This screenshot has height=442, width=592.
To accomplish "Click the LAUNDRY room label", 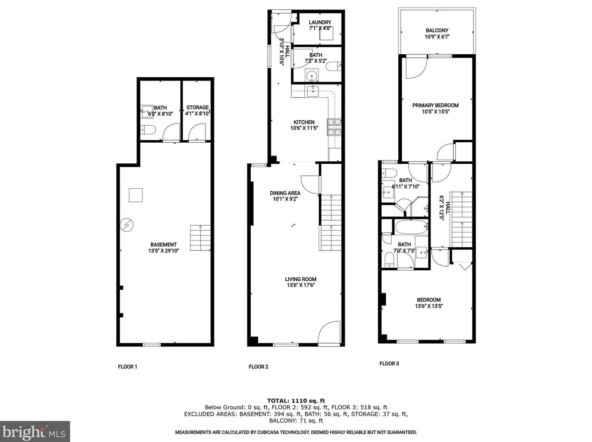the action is click(320, 22).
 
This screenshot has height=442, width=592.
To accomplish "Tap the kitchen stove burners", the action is click(334, 127).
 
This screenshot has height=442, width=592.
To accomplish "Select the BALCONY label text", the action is click(437, 30).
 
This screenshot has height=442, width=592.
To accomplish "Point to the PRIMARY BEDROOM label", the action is click(435, 105).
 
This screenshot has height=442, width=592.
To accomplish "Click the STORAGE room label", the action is click(198, 107).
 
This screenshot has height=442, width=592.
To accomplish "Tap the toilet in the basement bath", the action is click(148, 130).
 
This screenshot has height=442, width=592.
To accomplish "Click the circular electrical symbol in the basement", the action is click(127, 225).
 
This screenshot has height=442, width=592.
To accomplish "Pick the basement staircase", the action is click(201, 238).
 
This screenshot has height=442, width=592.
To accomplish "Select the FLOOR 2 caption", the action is click(258, 367).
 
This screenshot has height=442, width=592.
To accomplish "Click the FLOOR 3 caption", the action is click(389, 364).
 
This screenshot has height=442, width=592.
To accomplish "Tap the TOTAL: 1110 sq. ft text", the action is click(296, 401).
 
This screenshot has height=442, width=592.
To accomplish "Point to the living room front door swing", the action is click(329, 332).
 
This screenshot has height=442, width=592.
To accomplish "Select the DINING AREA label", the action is click(285, 193).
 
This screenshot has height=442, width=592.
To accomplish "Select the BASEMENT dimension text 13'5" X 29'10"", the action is click(164, 251).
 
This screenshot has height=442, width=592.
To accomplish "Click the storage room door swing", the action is click(197, 132).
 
